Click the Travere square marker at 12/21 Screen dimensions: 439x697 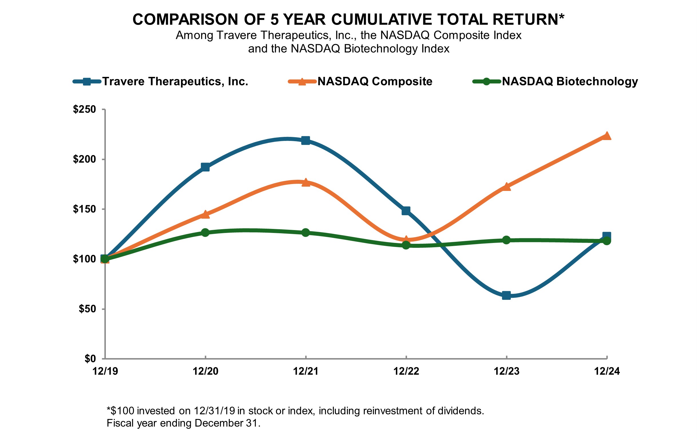[306, 141]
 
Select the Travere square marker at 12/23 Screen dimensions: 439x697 [506, 296]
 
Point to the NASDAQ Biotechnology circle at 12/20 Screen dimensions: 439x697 [205, 233]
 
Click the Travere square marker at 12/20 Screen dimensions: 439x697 [205, 167]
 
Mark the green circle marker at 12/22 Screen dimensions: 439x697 [406, 245]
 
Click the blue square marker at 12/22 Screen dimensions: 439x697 [406, 211]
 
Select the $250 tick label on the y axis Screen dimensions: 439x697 [84, 109]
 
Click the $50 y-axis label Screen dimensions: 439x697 [87, 309]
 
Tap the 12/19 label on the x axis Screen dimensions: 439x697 [105, 371]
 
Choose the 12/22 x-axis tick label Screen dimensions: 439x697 [406, 371]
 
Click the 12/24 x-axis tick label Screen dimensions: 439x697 [607, 371]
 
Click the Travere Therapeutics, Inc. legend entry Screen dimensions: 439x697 [175, 81]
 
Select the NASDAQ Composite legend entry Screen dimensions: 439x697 [375, 81]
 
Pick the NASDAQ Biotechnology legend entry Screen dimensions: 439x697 [570, 81]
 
